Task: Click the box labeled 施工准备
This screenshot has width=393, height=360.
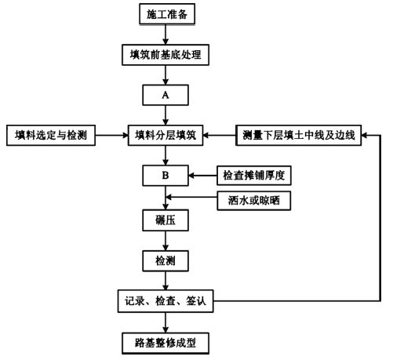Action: click(167, 14)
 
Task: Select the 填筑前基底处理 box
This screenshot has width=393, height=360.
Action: click(166, 55)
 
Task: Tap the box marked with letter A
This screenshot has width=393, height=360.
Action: click(166, 95)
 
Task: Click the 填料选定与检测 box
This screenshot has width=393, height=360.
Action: click(51, 135)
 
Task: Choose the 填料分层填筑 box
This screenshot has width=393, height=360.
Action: click(166, 135)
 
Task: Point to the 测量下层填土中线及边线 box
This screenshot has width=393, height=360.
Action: click(299, 135)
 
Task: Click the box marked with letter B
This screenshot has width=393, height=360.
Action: click(166, 176)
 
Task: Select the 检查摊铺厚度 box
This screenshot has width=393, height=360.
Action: click(254, 176)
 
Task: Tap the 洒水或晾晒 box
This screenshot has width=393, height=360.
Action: click(254, 201)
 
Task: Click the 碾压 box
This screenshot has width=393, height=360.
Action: click(166, 220)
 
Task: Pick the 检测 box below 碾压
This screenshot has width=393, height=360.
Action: click(166, 261)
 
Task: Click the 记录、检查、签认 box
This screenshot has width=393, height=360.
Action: click(166, 301)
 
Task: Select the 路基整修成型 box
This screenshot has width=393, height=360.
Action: click(166, 343)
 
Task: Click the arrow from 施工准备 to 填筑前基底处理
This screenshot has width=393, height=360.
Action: click(166, 35)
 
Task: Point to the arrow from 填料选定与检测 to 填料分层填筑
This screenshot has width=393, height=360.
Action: click(111, 135)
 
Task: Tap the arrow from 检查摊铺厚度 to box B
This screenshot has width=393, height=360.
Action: click(202, 176)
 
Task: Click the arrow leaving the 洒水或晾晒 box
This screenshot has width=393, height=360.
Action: click(191, 197)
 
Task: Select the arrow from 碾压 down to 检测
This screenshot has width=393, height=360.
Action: click(166, 241)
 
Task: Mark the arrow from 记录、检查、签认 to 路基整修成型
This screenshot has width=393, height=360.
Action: click(166, 322)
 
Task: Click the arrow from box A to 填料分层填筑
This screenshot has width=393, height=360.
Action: click(166, 115)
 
